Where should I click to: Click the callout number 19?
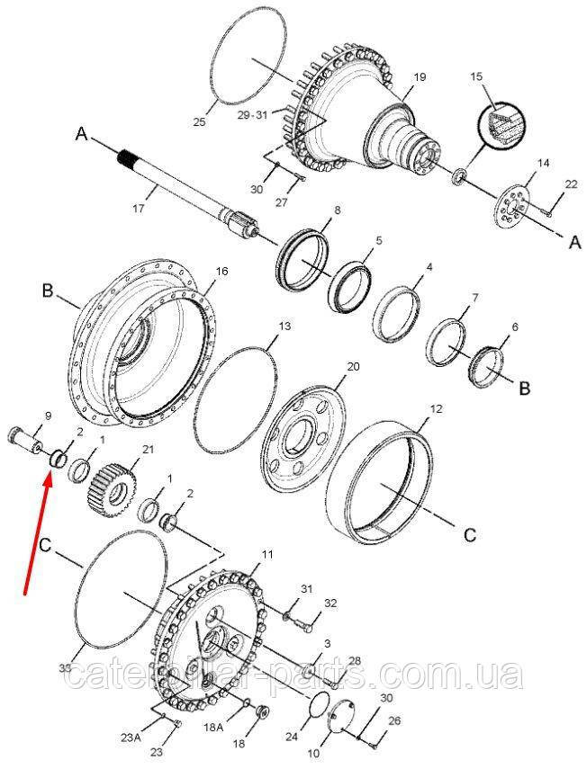[420, 77]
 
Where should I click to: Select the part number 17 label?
[138, 209]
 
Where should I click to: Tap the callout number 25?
[199, 122]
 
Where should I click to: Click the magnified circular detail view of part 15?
[501, 123]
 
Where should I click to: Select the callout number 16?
[221, 272]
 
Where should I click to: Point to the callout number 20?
[354, 366]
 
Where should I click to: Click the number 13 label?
[284, 326]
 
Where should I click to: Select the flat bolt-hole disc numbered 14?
[513, 210]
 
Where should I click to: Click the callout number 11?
[266, 555]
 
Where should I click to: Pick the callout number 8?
[338, 210]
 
